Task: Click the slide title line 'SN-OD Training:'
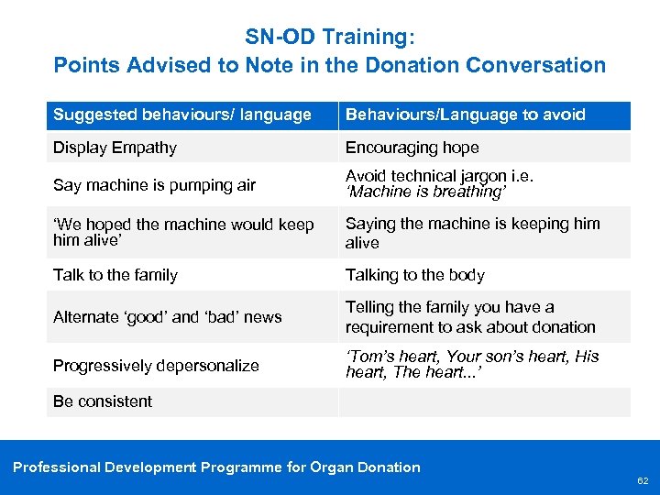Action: (x=330, y=38)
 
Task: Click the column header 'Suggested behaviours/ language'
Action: (x=182, y=115)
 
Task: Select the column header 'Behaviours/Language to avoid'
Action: (x=465, y=115)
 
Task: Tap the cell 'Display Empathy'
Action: (x=115, y=148)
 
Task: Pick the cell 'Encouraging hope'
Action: (x=412, y=148)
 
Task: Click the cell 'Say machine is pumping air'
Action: (x=154, y=185)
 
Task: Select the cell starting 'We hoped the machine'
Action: (x=183, y=233)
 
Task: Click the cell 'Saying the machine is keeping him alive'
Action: (x=472, y=233)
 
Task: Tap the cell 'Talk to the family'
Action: (x=115, y=275)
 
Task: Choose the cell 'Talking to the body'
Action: (x=414, y=275)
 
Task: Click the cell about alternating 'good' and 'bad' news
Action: (x=167, y=317)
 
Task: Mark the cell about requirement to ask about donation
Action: (x=469, y=317)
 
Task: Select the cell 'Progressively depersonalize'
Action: (x=156, y=366)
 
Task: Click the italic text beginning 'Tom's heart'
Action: (x=471, y=365)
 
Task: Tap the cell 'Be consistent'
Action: (x=103, y=401)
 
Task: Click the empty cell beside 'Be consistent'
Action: (x=484, y=401)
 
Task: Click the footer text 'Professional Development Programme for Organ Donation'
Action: (x=216, y=467)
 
